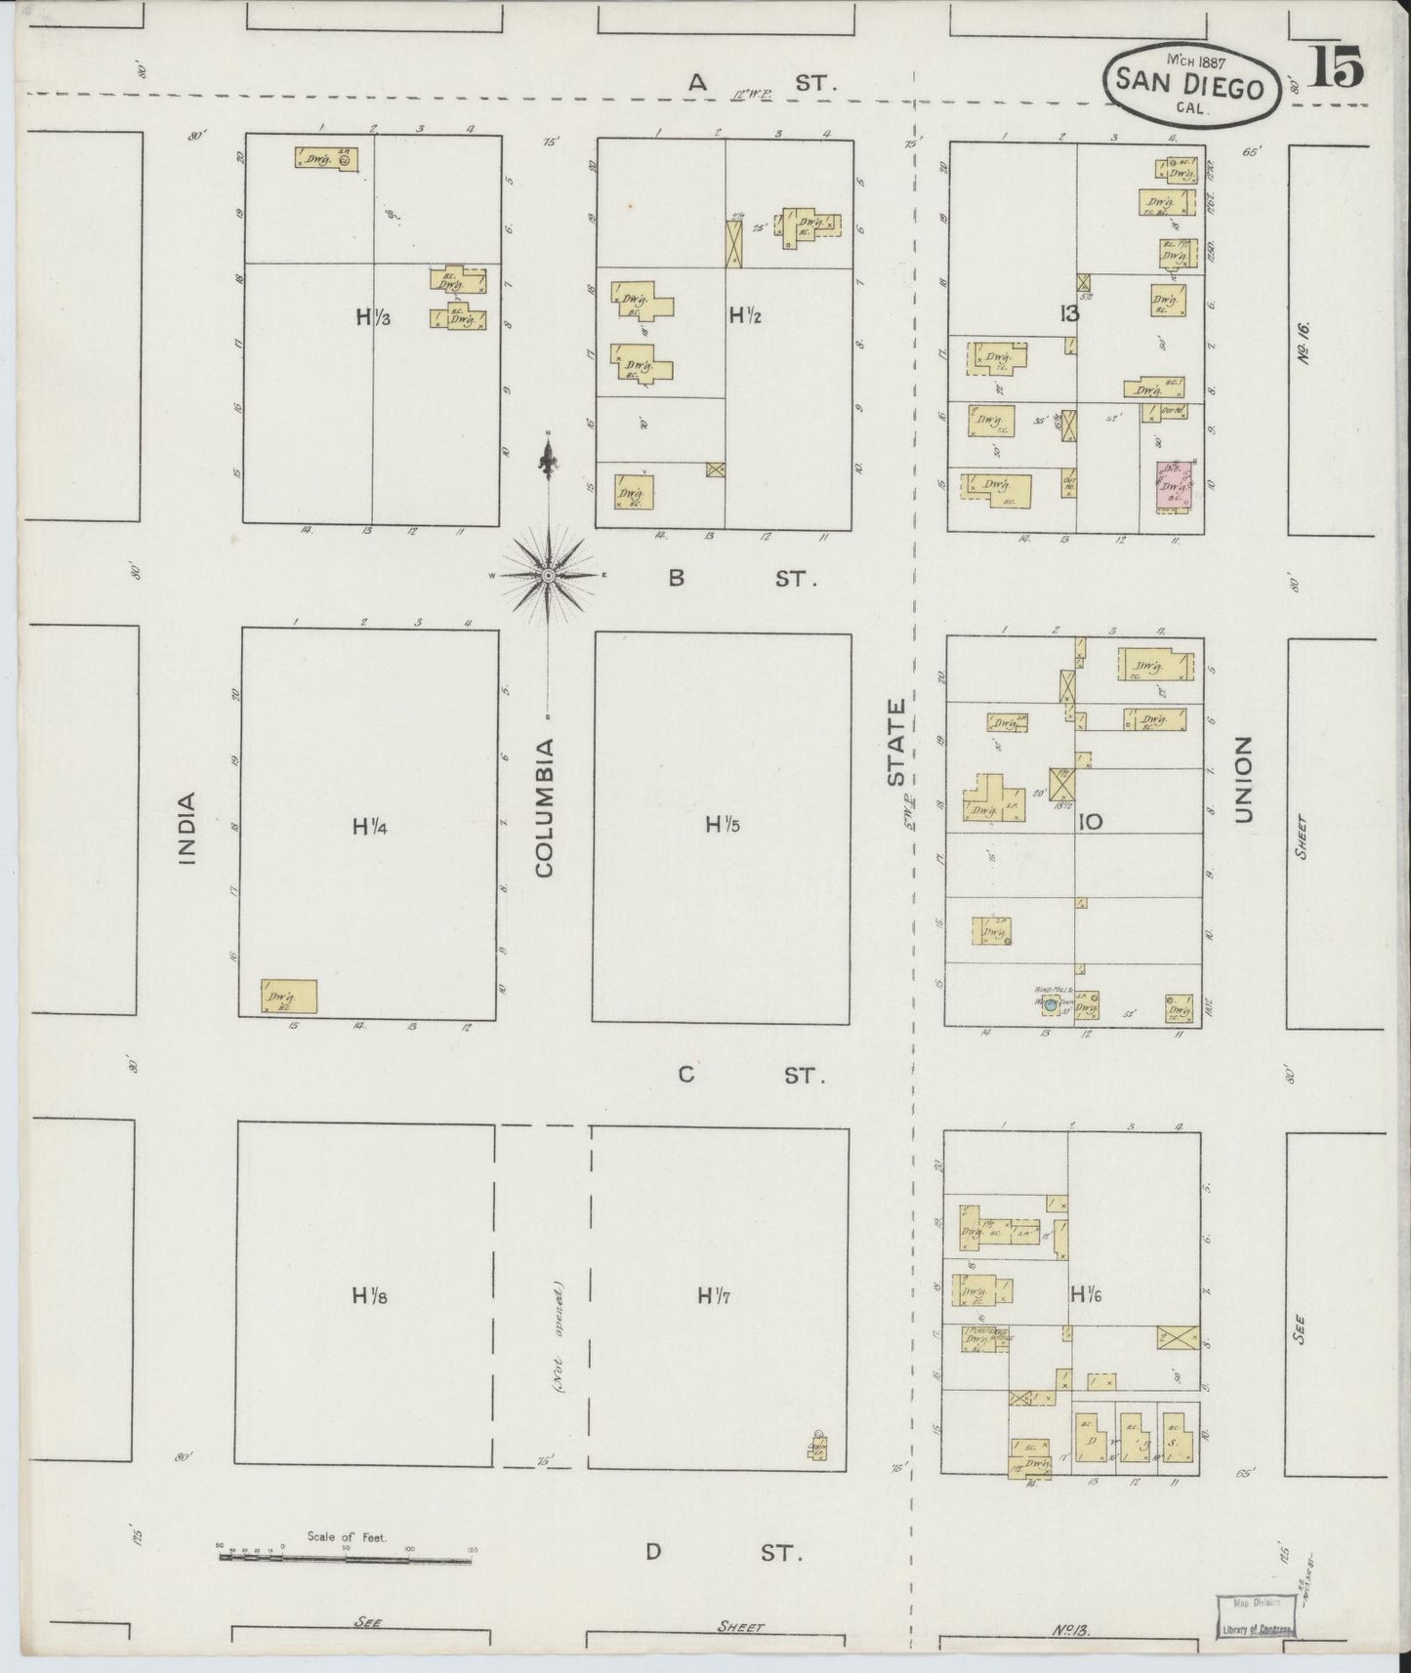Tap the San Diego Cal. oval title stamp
coord(1189,86)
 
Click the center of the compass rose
coord(549,576)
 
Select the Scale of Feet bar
coord(346,1558)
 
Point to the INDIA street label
coord(187,828)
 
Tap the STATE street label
coord(897,742)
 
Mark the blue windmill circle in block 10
coord(1051,1002)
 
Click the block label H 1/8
coord(370,1296)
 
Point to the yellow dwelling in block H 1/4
coord(289,996)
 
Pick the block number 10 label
coord(1090,822)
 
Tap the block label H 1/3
coord(373,316)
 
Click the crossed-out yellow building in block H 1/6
coord(1178,1337)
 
